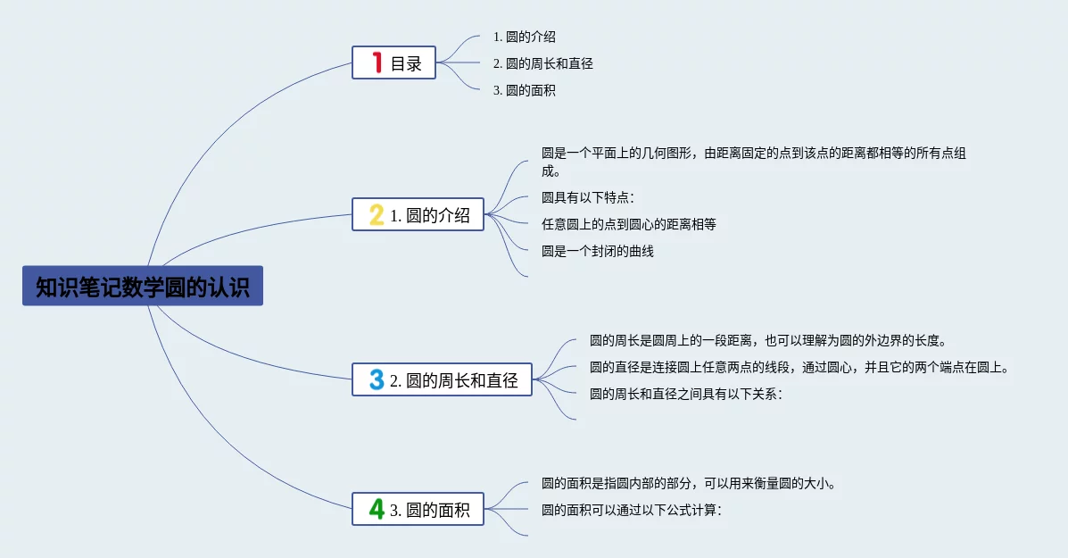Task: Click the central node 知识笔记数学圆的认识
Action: pos(143,287)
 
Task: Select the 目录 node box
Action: pos(393,62)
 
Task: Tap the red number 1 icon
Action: pos(377,62)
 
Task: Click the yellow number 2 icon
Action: pos(377,214)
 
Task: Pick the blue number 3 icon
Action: pos(377,379)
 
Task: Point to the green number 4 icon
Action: pos(377,509)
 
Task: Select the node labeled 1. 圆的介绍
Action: pos(418,214)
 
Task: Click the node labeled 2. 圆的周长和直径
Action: pos(442,379)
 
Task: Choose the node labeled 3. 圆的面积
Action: pos(418,509)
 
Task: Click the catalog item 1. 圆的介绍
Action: pos(525,37)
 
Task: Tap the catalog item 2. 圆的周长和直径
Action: pos(542,63)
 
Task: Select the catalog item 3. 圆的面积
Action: pos(525,90)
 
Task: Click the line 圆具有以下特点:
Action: pos(588,197)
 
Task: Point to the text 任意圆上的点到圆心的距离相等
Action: pos(629,224)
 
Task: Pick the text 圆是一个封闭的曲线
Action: pos(597,252)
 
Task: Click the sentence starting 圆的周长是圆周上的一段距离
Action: pos(768,341)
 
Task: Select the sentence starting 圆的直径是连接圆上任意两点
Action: pos(799,367)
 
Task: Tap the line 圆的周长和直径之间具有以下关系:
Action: pos(686,394)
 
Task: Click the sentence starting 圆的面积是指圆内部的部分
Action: pos(689,484)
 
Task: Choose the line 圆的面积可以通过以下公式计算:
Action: pos(632,511)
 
